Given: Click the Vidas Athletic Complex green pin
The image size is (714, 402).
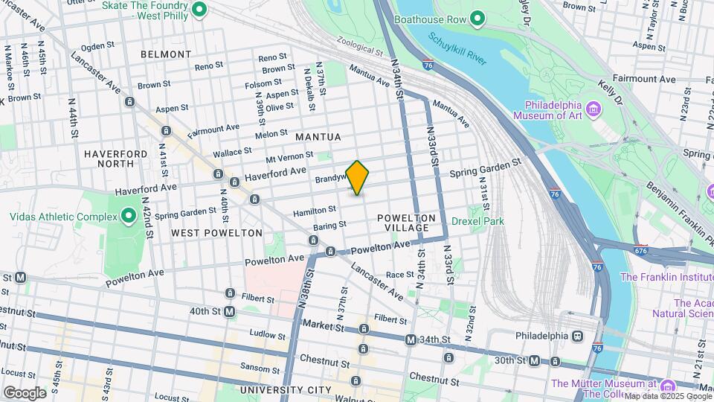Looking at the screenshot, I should (x=128, y=217).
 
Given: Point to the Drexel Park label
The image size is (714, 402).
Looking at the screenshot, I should (x=477, y=221).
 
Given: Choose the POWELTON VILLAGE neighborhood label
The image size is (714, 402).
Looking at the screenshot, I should (x=403, y=222).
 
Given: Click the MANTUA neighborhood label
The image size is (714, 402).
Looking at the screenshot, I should (x=318, y=137).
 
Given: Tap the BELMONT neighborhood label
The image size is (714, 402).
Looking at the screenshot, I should (x=165, y=54).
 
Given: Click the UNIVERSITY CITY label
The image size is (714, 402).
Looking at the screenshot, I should (x=286, y=390).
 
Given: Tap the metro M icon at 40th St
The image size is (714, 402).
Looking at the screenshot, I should (x=229, y=311).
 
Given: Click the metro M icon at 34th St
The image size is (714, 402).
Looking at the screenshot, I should (x=410, y=339).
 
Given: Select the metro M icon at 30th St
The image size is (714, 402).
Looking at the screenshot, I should (x=534, y=361).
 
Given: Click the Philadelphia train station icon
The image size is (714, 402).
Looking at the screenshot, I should (x=576, y=336).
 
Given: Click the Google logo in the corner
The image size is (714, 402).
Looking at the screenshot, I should (x=25, y=392).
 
